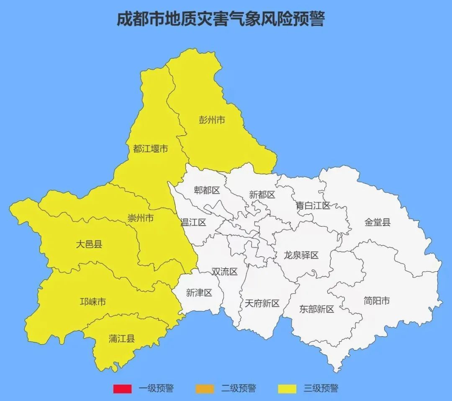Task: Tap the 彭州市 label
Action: click(x=212, y=120)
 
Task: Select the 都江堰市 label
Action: click(x=151, y=149)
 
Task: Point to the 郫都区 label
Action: click(x=207, y=190)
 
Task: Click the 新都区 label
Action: click(x=262, y=195)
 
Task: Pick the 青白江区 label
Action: click(x=313, y=206)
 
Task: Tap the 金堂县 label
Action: click(x=377, y=222)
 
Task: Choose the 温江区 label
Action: click(x=193, y=222)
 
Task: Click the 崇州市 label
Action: click(x=141, y=218)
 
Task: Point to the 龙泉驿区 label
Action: click(x=301, y=255)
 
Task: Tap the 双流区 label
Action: click(x=224, y=272)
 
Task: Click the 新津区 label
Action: click(x=199, y=293)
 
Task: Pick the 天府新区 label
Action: click(x=262, y=303)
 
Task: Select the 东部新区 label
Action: click(x=316, y=309)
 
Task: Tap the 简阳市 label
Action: click(x=377, y=301)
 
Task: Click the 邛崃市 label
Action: click(x=93, y=302)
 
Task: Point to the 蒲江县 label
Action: click(x=122, y=339)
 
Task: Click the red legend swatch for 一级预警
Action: click(x=122, y=389)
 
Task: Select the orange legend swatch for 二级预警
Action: click(x=204, y=389)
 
